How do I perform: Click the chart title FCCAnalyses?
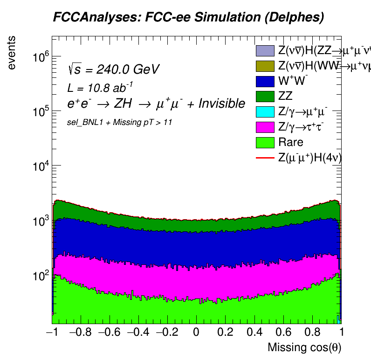coord(188,18)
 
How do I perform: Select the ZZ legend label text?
coord(286,97)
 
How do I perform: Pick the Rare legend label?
coord(290,142)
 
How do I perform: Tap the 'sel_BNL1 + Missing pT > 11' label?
coord(120,122)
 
